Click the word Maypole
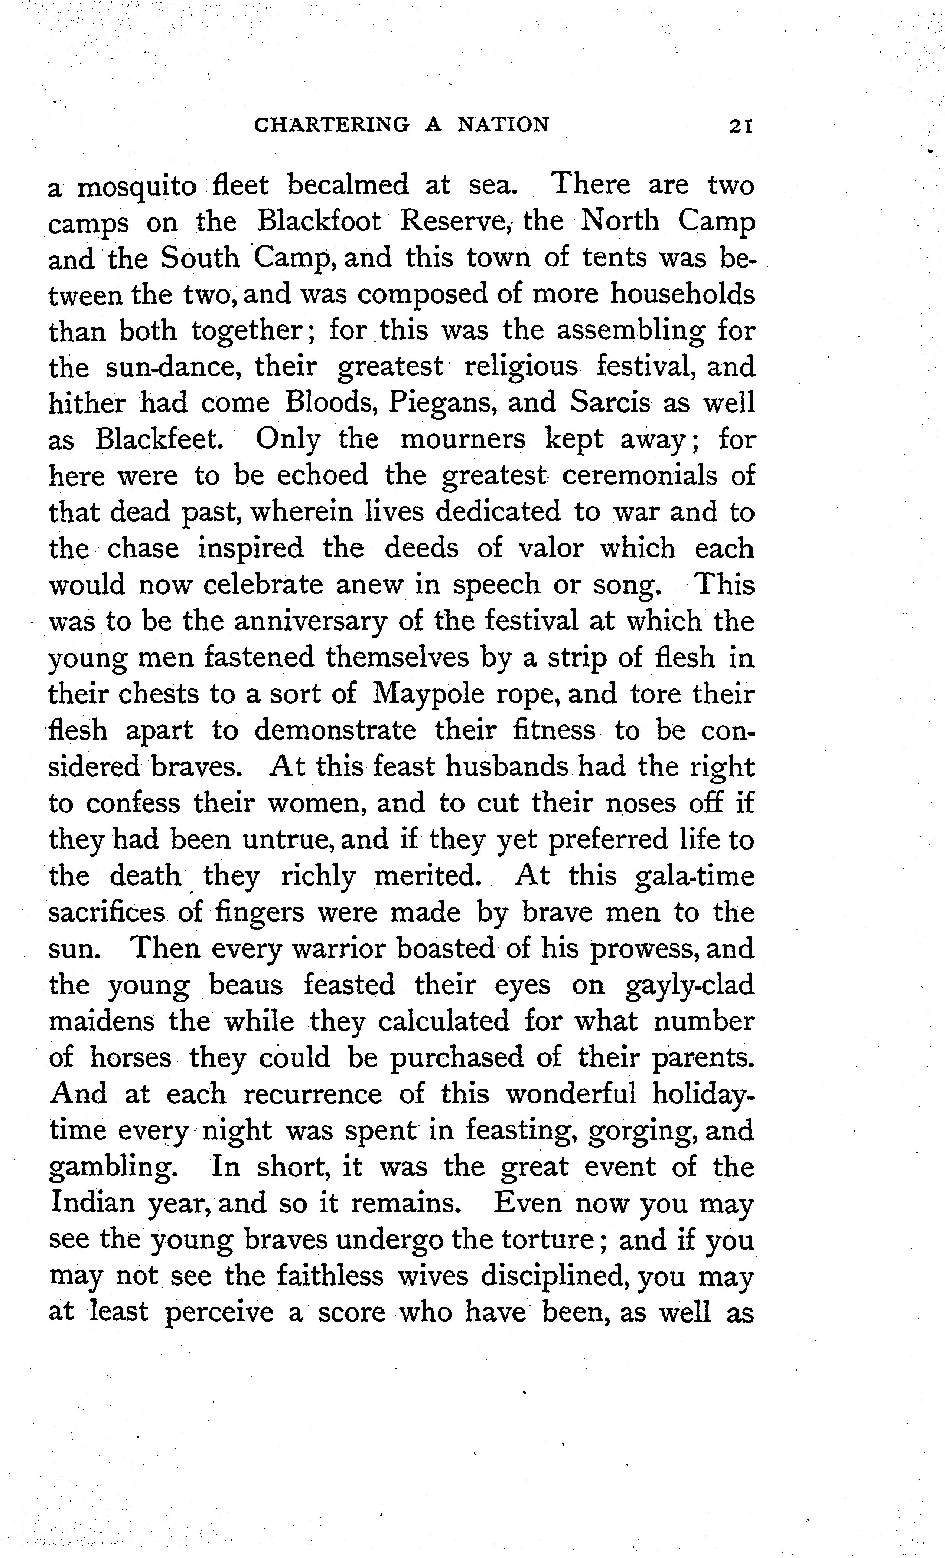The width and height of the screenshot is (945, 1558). (428, 694)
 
